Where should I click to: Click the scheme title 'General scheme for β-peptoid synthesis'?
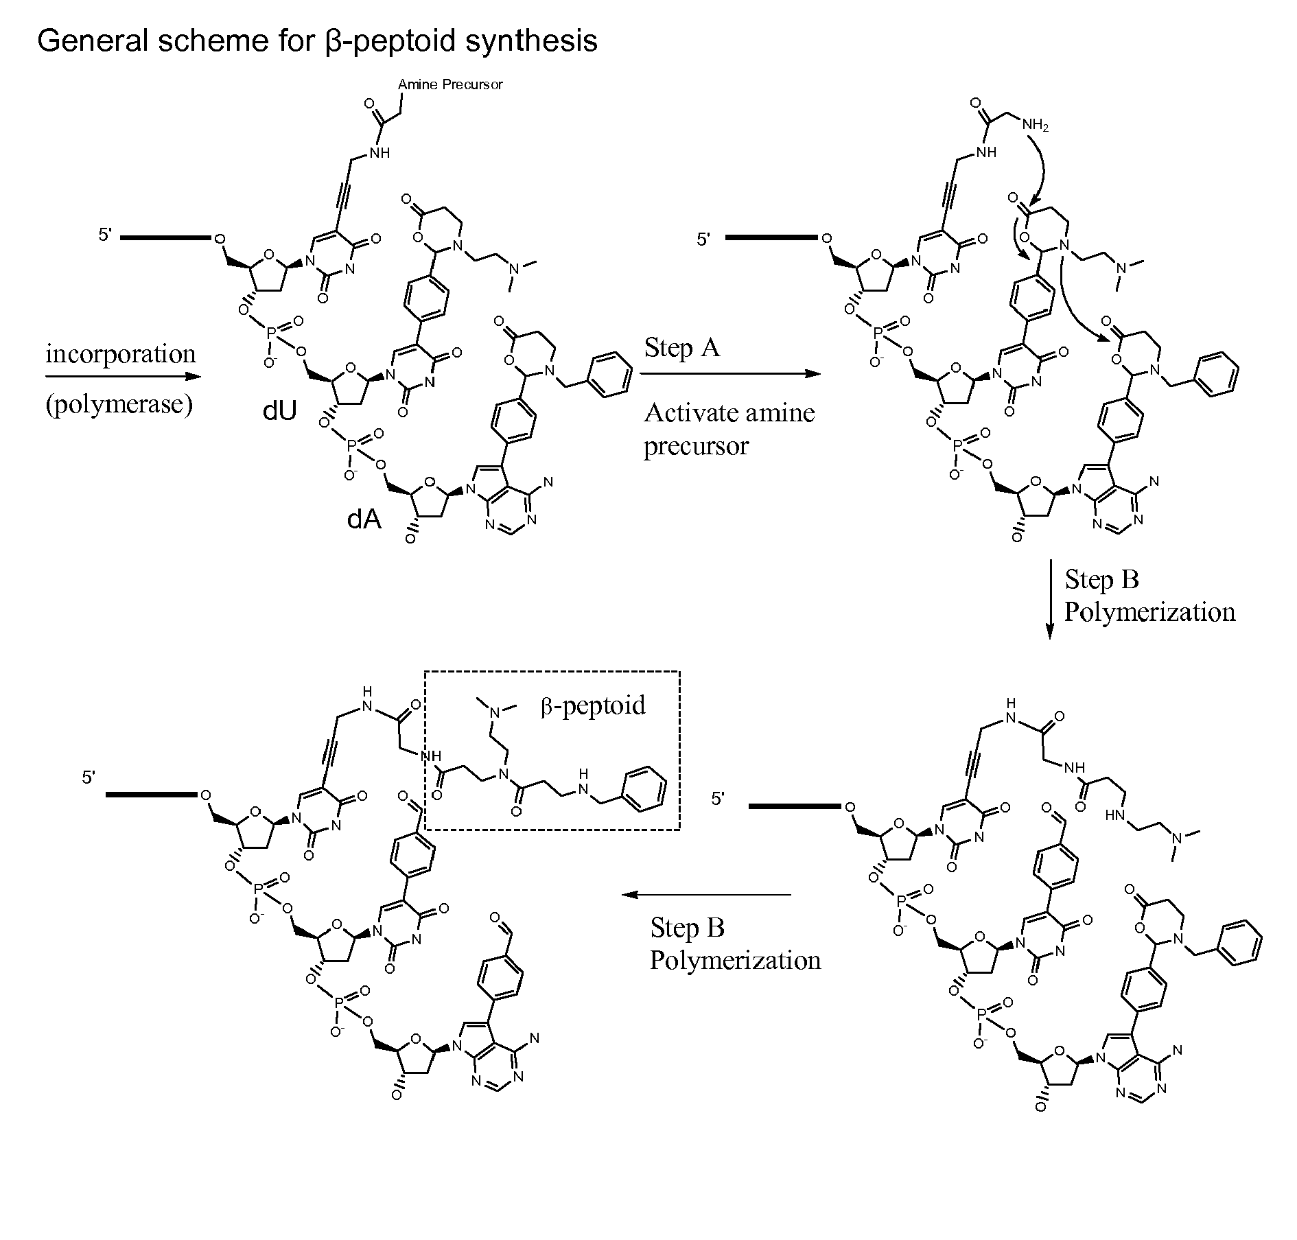click(317, 41)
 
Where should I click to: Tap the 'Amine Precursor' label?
click(450, 84)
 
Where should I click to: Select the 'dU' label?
click(280, 411)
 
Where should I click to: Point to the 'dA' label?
click(364, 519)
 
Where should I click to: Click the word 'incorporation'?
click(121, 354)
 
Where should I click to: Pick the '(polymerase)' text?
click(119, 403)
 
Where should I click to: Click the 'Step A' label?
click(682, 347)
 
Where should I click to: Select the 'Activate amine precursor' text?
click(729, 429)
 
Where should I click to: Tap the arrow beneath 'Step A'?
click(730, 374)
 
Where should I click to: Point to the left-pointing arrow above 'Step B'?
click(707, 894)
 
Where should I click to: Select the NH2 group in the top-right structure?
click(1035, 126)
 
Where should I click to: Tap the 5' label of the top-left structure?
click(105, 235)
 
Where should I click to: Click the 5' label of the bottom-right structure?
click(718, 799)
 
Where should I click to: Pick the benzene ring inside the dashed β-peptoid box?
click(643, 789)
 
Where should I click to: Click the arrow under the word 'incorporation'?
click(124, 376)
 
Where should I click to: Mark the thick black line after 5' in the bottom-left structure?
click(152, 795)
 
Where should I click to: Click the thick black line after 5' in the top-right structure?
click(771, 238)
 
